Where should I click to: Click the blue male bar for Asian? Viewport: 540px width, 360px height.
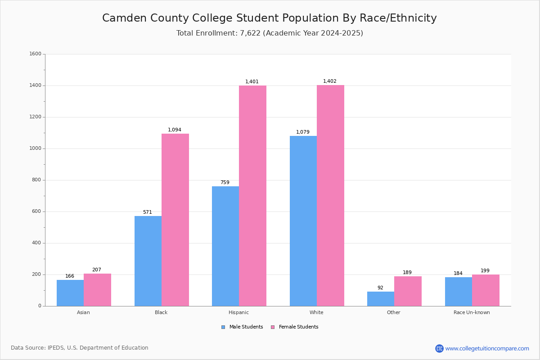point(70,293)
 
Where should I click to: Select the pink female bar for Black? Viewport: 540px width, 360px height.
point(175,220)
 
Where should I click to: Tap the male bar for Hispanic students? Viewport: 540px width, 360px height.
point(225,246)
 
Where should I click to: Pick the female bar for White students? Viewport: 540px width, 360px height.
point(330,196)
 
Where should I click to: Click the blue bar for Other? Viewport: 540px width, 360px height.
point(381,299)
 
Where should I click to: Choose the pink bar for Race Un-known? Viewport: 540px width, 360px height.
point(486,290)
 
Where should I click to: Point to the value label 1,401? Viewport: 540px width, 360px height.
point(252,82)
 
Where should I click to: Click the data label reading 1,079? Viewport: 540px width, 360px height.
point(303,132)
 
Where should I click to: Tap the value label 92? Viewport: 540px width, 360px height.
point(380,288)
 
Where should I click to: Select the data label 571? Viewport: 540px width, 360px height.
point(148,212)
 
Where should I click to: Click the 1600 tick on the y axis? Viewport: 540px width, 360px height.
point(36,54)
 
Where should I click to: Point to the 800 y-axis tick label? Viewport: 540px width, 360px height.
point(37,180)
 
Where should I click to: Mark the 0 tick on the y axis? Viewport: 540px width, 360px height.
point(40,306)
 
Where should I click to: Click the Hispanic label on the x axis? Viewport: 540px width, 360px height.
point(238,312)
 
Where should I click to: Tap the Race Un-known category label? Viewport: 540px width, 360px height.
point(472,312)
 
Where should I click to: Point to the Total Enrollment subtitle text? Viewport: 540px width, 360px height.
point(270,33)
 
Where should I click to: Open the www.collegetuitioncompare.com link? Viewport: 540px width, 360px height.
point(487,348)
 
